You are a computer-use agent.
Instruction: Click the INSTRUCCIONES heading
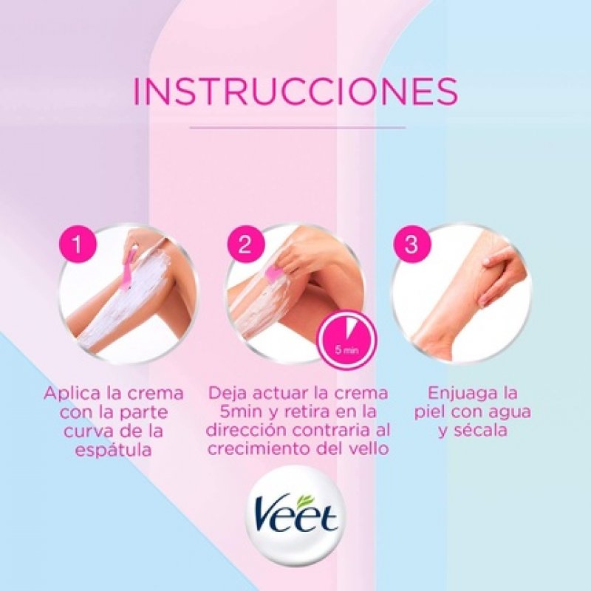(295, 91)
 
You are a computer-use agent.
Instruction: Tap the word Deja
(228, 392)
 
